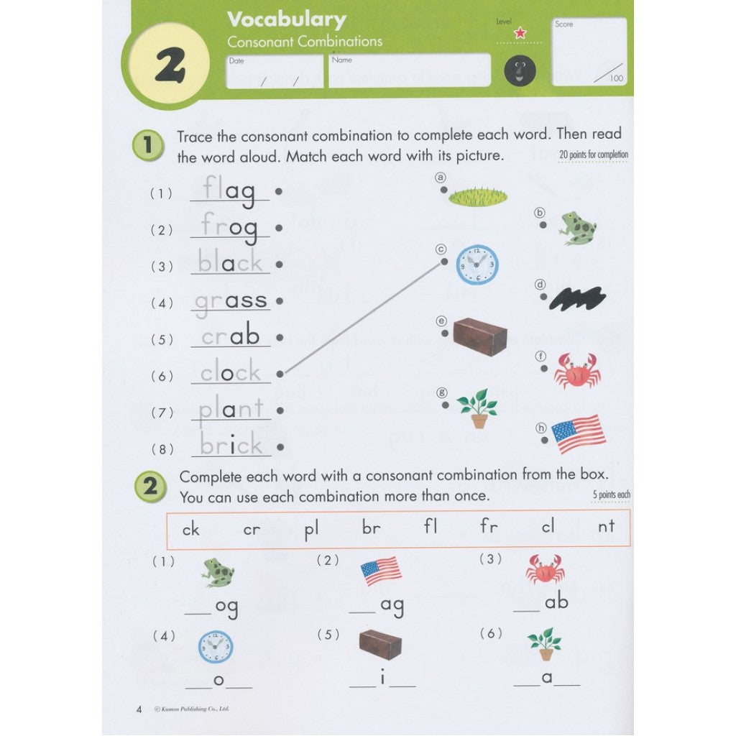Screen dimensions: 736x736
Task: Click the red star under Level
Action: (x=520, y=33)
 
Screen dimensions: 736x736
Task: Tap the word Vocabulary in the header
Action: (x=287, y=20)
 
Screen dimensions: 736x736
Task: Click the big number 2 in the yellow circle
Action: (x=170, y=65)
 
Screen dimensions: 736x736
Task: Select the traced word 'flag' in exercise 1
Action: (x=229, y=190)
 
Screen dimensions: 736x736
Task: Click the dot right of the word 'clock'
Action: (x=280, y=374)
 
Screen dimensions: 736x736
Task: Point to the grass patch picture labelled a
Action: (x=478, y=197)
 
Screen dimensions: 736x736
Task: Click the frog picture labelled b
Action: (x=578, y=228)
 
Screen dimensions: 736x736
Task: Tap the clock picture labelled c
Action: (x=477, y=264)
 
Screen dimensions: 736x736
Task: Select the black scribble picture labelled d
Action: (x=578, y=298)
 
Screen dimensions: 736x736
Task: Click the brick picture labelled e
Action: (x=479, y=336)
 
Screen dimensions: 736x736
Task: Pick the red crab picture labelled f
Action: (x=577, y=371)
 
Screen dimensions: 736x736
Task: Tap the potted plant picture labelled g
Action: (x=478, y=408)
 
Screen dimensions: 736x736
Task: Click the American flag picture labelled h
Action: (x=579, y=434)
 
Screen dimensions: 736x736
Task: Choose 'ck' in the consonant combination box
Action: (x=190, y=530)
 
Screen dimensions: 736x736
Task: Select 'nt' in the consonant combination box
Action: (x=606, y=527)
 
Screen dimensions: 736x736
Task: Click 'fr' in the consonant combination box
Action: (x=488, y=525)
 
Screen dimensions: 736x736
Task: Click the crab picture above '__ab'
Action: (x=545, y=569)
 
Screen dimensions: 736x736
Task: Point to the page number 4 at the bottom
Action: (x=139, y=709)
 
